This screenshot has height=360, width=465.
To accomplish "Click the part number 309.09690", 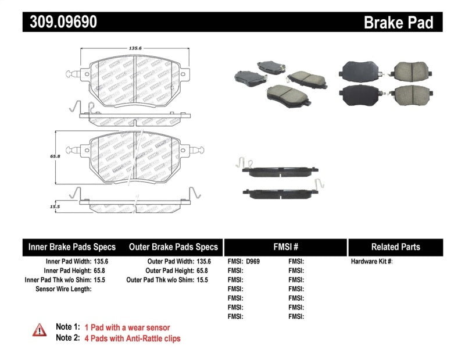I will tap(60, 22).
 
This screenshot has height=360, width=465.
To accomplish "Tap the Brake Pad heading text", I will tap(398, 23).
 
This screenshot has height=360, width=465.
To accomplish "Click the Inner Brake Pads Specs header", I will tap(72, 247).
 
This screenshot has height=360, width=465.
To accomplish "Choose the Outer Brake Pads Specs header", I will tap(173, 247).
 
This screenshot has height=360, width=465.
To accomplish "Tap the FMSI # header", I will tap(285, 247).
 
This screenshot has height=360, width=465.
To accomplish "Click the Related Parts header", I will tap(395, 247).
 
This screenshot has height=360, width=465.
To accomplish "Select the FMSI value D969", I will tap(253, 262).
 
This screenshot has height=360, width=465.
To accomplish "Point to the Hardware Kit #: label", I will tap(371, 262).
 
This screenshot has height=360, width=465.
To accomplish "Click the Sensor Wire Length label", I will tap(63, 289).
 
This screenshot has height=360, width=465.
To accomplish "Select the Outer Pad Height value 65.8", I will tap(202, 271).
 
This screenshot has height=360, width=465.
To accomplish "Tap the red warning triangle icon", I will tap(38, 330).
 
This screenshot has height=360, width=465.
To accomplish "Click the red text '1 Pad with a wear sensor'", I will tap(127, 327).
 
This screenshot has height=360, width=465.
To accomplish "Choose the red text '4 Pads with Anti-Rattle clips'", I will tap(133, 338).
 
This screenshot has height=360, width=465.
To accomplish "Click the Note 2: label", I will tap(67, 338).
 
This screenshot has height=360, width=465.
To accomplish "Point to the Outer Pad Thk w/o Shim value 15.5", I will tap(202, 280).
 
